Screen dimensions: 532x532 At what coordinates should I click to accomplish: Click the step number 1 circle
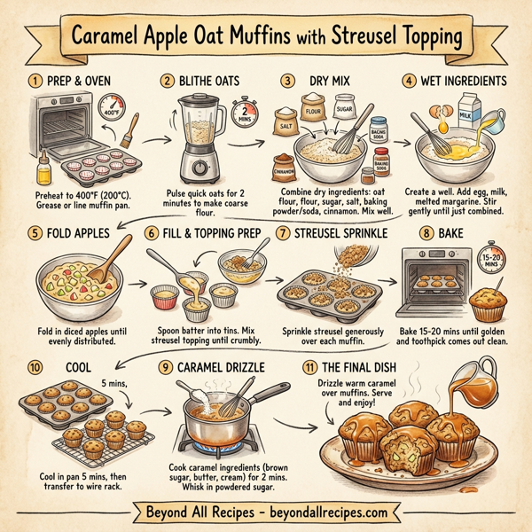point(35,80)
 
